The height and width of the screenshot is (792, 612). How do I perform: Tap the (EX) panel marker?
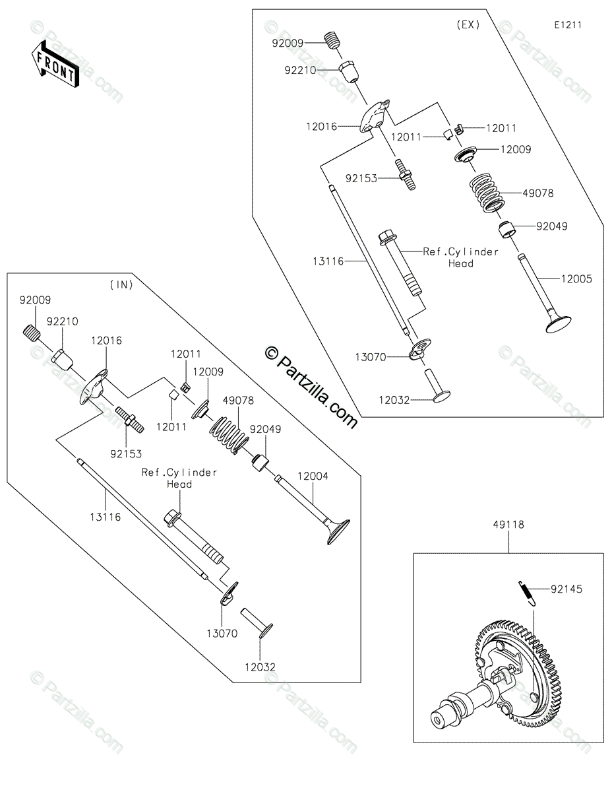click(468, 25)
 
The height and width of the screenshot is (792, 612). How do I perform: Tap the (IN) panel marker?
click(121, 285)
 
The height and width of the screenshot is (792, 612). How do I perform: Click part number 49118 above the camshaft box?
click(508, 525)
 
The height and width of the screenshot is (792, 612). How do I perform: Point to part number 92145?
click(568, 587)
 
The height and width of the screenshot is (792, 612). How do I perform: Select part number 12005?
click(576, 279)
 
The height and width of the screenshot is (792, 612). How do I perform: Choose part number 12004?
click(313, 475)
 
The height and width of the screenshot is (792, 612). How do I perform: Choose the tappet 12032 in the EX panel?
click(436, 386)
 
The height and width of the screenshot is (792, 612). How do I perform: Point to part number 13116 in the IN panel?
click(107, 517)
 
